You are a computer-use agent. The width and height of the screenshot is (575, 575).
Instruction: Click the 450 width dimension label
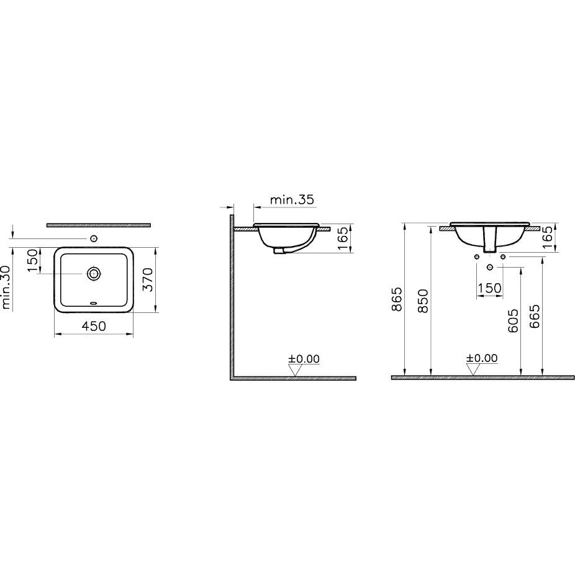click(94, 326)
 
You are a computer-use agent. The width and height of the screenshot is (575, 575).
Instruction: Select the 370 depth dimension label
click(147, 279)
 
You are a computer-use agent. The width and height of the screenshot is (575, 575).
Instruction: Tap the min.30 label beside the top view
click(6, 287)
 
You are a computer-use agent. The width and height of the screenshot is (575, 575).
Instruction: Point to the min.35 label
click(292, 200)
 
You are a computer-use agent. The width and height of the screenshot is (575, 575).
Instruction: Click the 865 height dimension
click(397, 299)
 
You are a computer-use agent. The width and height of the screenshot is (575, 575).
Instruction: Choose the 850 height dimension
click(423, 301)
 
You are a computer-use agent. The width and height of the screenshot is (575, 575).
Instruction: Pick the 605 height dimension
click(514, 320)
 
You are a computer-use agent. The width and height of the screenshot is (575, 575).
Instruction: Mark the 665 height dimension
click(535, 316)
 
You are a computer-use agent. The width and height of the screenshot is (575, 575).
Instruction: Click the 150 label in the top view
click(33, 261)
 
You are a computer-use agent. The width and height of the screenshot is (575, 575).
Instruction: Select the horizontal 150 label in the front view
click(489, 288)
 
